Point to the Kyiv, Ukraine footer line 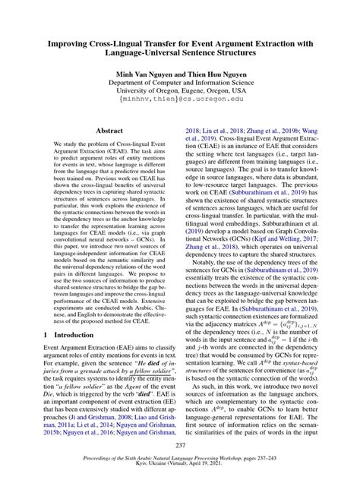[179, 466]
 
